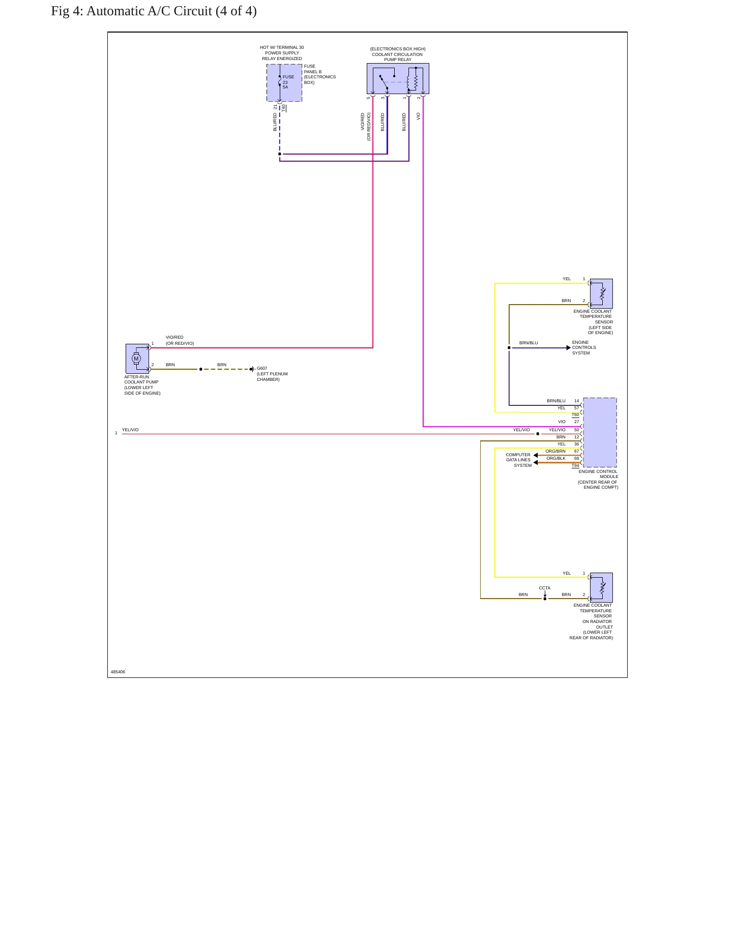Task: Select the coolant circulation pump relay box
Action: (398, 78)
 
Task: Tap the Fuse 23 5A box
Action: (284, 83)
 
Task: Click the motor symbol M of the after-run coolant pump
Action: (136, 359)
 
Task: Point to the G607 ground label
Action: (262, 368)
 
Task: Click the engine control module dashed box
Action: (600, 432)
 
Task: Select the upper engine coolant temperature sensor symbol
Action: (601, 293)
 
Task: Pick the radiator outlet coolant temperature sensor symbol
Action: (601, 587)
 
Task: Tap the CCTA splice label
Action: (545, 588)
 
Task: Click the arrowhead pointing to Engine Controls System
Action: (569, 348)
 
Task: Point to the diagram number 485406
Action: (118, 672)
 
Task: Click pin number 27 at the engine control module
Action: (577, 422)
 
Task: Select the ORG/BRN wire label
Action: (555, 451)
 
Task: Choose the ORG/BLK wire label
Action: (556, 458)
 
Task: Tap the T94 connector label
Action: (575, 465)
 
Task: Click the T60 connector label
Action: (575, 414)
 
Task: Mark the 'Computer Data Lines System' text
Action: (518, 460)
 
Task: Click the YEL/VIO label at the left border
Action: (130, 430)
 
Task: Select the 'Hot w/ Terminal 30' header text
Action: (282, 47)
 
